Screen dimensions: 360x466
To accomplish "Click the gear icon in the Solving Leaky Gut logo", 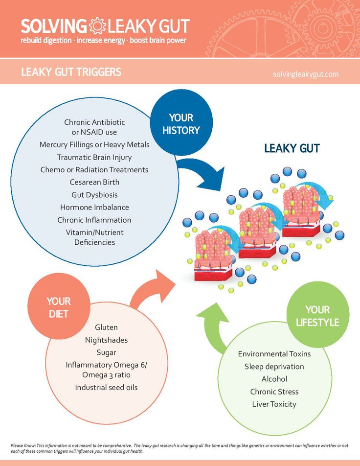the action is tap(97, 26).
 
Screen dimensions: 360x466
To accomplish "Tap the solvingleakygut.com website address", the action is tap(306, 74).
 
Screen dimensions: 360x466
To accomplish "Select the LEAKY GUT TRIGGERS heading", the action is tap(71, 72).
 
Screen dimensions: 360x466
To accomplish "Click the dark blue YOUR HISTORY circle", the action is tap(181, 122).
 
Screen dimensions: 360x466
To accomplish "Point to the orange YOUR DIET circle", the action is tap(59, 307).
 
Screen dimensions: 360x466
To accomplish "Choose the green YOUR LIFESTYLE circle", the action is tap(317, 315).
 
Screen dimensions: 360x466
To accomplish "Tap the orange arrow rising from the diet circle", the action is tap(152, 290).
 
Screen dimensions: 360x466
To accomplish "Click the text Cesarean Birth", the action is tap(94, 182).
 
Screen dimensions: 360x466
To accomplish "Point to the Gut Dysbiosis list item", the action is tap(94, 195).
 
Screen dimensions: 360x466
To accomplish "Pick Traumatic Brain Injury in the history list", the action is tap(94, 157).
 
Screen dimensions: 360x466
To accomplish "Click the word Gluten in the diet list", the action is tap(106, 327).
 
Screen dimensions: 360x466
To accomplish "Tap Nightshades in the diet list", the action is tap(106, 340).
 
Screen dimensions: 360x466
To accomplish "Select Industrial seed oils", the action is tap(106, 387).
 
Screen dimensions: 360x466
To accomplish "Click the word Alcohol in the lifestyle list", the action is tap(274, 379).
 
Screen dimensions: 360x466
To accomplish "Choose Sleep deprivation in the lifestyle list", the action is tap(274, 367).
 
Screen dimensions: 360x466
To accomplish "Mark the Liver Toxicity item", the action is tap(274, 404).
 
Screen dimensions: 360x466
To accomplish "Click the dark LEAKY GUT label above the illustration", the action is tap(292, 148).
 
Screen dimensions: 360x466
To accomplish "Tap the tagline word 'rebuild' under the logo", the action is tap(31, 40).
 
